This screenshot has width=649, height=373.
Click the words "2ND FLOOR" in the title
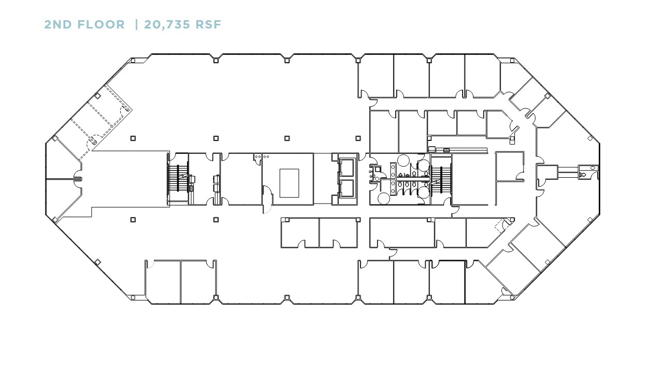(84, 24)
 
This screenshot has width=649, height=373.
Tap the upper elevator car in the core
(347, 167)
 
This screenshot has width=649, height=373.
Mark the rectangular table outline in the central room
(289, 183)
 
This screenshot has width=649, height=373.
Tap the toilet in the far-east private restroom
(584, 175)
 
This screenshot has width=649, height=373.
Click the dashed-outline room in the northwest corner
(101, 117)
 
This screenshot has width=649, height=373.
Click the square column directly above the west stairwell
(133, 138)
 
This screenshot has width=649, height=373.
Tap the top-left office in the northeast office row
(376, 76)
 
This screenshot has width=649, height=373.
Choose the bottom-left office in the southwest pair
(163, 281)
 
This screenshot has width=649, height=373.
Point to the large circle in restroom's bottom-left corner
(384, 198)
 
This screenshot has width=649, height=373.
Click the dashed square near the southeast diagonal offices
(500, 226)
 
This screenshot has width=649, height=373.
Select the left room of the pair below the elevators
(299, 232)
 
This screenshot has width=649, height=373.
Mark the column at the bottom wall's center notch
(287, 297)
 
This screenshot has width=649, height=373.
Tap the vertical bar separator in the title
(136, 24)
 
